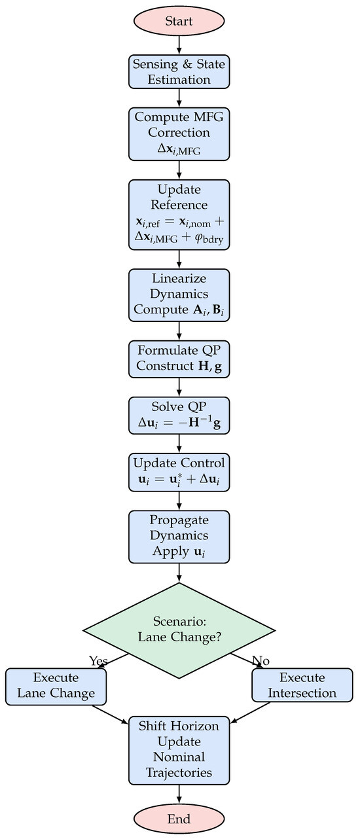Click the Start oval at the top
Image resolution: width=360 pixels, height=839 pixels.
[x=179, y=21]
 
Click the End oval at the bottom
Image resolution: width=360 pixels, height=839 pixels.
[x=179, y=819]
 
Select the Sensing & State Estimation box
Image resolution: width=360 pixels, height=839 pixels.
[x=179, y=72]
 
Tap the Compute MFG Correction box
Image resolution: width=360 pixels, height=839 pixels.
[x=179, y=134]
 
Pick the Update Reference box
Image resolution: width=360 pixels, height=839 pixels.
[x=179, y=215]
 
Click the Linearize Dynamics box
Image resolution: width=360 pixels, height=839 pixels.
[x=179, y=295]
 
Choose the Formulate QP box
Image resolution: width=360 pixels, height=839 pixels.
[x=179, y=359]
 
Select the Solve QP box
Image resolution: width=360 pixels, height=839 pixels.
[x=179, y=415]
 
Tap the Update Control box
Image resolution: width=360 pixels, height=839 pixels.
[x=179, y=471]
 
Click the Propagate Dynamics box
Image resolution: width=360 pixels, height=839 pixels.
[x=179, y=535]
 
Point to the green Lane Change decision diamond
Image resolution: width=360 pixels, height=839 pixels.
[x=179, y=630]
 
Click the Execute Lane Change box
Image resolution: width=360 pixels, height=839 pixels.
[x=56, y=685]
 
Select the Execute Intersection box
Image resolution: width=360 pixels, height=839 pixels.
[x=302, y=685]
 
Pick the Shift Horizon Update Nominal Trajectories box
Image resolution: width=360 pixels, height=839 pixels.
[x=179, y=749]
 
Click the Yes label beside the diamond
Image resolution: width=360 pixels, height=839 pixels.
[x=98, y=661]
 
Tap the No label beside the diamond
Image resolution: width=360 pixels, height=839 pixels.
[x=261, y=661]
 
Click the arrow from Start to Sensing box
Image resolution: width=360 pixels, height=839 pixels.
[x=179, y=44]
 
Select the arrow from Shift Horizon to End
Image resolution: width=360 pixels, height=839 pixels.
[x=179, y=793]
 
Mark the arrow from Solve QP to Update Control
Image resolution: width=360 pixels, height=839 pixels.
[x=179, y=443]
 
